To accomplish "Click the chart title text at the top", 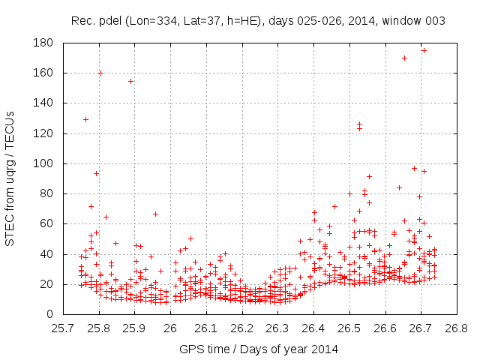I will [x=258, y=21].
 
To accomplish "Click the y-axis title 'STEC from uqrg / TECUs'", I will [x=10, y=178].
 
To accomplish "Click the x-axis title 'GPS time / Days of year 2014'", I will [x=258, y=349].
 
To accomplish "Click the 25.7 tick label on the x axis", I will [x=63, y=328].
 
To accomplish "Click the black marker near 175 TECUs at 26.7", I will [x=424, y=50].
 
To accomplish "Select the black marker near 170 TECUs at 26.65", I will [x=404, y=58].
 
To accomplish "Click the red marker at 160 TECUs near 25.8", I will [x=100, y=73].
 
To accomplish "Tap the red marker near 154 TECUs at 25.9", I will [x=130, y=81].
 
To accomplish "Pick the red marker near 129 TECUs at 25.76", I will [x=85, y=119].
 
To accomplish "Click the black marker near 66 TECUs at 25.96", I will [x=155, y=214].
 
